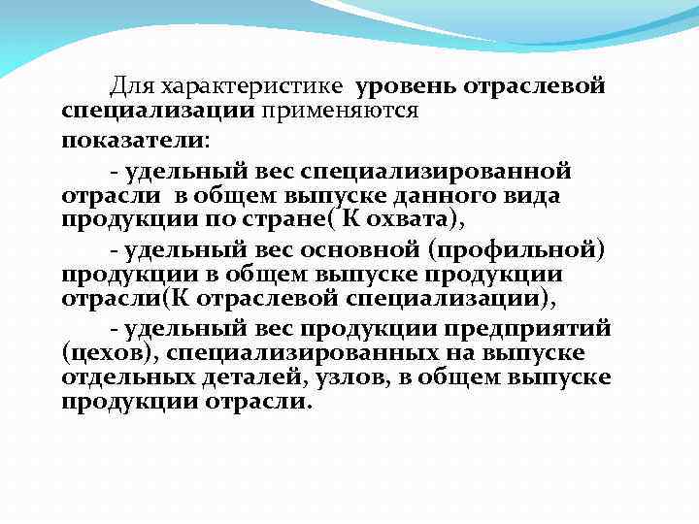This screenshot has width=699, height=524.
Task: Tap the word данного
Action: pos(442,195)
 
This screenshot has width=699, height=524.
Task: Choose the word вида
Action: pos(533,195)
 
